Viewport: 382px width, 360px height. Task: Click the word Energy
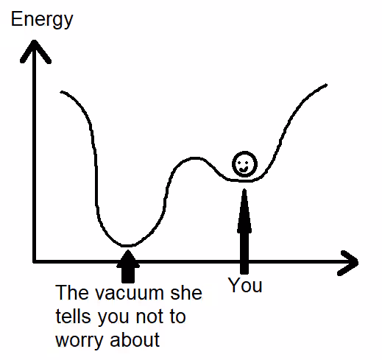coord(42,20)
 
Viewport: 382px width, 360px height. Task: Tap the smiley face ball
coord(244,164)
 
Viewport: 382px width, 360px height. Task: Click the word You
coord(245,285)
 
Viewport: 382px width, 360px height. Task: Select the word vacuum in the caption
coord(130,293)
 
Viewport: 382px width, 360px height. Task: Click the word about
coord(135,339)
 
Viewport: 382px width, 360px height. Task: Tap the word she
coord(186,292)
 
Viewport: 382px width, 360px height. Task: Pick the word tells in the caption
coord(73,316)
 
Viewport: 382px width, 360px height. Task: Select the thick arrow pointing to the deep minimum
coord(128,267)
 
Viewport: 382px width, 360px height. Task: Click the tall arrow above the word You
coord(244,231)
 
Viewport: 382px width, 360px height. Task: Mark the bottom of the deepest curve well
coord(127,245)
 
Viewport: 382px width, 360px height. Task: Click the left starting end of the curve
coord(61,92)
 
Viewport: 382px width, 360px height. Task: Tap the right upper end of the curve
coord(326,85)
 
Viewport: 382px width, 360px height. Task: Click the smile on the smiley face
coord(244,169)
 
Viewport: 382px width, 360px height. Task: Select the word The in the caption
coord(71,292)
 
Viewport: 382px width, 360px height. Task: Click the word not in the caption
coord(148,317)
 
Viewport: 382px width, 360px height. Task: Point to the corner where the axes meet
coord(35,261)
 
